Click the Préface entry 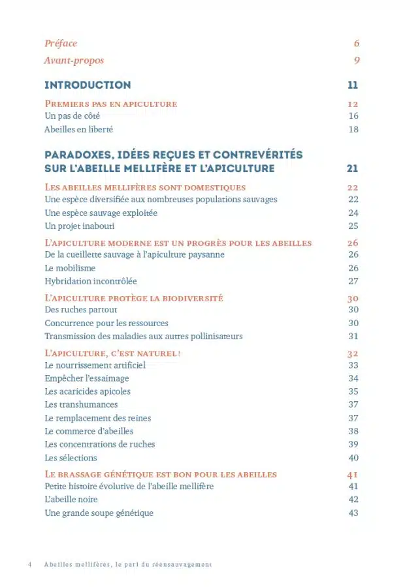61,44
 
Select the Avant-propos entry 74,61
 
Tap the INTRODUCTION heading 88,85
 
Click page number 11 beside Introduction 353,85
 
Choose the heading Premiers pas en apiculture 110,104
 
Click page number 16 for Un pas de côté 353,116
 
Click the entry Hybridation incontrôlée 91,281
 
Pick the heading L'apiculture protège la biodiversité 134,298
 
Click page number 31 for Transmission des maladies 353,337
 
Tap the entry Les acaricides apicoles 88,391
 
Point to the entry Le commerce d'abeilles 89,431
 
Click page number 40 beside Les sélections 353,458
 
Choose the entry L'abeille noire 71,500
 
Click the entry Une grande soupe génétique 99,513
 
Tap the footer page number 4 30,564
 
